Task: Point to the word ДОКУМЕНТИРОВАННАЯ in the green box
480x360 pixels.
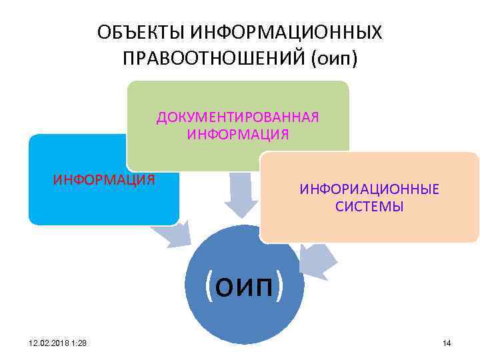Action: pos(238,117)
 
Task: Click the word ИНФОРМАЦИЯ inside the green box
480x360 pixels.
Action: pos(238,135)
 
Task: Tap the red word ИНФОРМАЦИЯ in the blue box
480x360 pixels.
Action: pos(104,179)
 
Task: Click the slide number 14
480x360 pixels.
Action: pos(447,343)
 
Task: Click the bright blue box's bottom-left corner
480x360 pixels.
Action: pos(31,222)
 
